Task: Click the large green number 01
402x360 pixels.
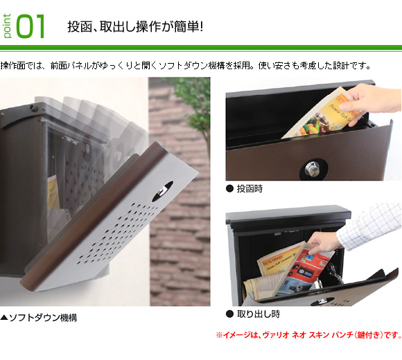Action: pos(30,26)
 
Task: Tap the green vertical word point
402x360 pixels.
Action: pos(7,26)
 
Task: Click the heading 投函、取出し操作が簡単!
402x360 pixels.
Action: pos(135,26)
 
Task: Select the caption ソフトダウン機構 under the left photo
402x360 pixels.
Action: pos(43,318)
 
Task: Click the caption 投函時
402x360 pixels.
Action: pos(250,189)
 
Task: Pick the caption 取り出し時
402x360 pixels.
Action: pos(258,314)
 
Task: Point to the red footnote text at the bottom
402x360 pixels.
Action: pos(308,335)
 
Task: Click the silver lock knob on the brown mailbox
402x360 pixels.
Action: pos(312,169)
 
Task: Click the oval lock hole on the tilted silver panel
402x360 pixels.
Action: pos(162,191)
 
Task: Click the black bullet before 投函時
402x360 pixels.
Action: pos(229,189)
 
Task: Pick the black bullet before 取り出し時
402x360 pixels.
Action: pos(229,314)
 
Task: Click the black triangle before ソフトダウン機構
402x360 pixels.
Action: pos(4,318)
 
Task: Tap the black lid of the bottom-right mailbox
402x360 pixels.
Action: pos(288,214)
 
